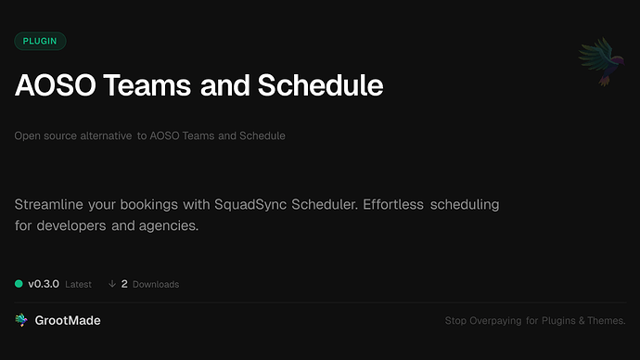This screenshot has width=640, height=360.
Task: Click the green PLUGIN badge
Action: click(x=40, y=41)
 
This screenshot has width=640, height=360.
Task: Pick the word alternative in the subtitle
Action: click(x=103, y=135)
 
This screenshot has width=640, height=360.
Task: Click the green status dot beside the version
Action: click(x=19, y=284)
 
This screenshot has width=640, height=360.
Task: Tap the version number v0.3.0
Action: click(x=44, y=284)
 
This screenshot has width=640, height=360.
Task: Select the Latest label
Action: click(x=78, y=284)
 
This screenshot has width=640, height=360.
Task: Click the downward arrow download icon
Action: click(x=112, y=284)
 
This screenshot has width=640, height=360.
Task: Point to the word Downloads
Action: click(x=156, y=284)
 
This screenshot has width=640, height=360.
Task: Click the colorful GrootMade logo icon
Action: click(x=21, y=320)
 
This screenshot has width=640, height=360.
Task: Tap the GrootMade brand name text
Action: click(x=70, y=320)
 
